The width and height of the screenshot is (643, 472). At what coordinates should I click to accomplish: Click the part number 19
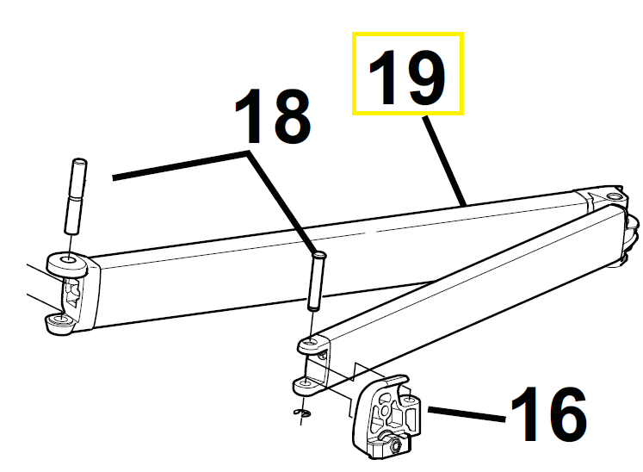[x=407, y=78]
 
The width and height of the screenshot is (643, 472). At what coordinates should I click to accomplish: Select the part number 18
[x=273, y=116]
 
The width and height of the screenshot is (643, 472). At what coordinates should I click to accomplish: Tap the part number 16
[x=548, y=414]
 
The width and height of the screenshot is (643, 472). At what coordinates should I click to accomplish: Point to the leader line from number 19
[x=445, y=160]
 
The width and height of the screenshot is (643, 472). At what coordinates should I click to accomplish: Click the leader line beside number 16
[x=467, y=413]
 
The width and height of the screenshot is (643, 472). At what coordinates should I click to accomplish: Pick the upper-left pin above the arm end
[x=76, y=196]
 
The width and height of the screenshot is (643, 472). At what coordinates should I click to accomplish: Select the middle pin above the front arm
[x=316, y=282]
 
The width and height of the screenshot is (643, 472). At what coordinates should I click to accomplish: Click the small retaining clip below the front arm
[x=302, y=413]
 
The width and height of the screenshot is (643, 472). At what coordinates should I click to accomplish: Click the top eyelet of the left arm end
[x=67, y=264]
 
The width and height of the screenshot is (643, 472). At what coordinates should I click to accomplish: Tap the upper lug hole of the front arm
[x=311, y=342]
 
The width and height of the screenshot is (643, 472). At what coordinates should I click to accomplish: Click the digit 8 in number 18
[x=290, y=116]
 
